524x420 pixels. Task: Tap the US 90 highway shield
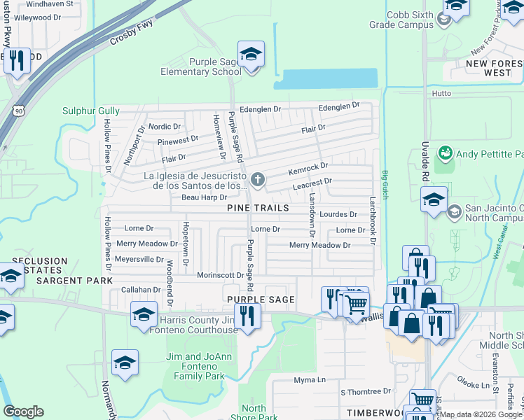18,110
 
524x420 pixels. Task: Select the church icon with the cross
258,181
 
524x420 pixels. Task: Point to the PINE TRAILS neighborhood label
258,209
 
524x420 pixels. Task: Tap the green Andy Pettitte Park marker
444,153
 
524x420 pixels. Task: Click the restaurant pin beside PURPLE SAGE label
247,316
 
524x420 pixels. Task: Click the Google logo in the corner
23,412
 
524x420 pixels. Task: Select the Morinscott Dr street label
220,275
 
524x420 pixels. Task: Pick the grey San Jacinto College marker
454,211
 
